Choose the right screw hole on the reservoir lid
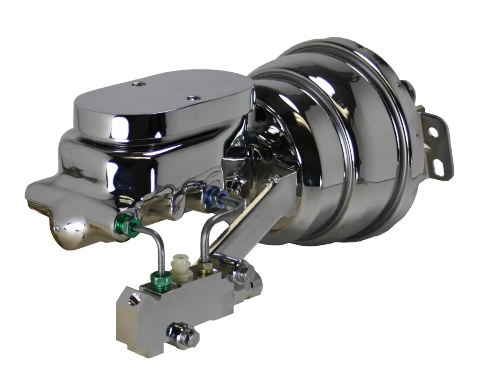coord(190,98)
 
